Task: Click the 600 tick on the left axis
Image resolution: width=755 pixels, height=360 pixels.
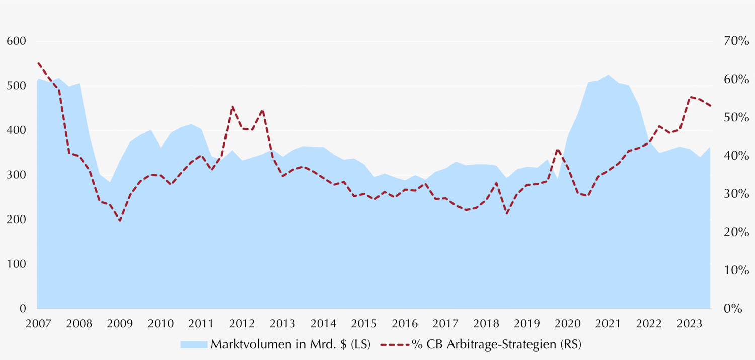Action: point(17,41)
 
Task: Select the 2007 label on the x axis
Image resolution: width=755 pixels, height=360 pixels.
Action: point(37,323)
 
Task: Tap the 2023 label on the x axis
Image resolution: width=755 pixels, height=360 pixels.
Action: point(690,323)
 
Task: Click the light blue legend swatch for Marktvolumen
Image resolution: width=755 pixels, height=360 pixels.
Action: point(194,344)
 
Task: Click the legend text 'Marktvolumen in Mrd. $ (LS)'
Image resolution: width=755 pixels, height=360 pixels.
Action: point(290,344)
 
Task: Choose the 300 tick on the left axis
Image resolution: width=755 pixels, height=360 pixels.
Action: point(17,175)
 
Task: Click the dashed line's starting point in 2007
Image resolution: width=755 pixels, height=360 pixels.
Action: point(38,63)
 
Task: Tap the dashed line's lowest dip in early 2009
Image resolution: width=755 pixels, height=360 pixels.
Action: point(120,221)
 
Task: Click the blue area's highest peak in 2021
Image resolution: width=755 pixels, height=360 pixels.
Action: point(609,75)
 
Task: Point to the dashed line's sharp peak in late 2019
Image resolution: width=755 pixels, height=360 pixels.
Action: point(557,149)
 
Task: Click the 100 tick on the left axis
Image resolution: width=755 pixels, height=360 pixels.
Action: point(17,264)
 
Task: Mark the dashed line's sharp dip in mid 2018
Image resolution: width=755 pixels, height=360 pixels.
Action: point(507,214)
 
